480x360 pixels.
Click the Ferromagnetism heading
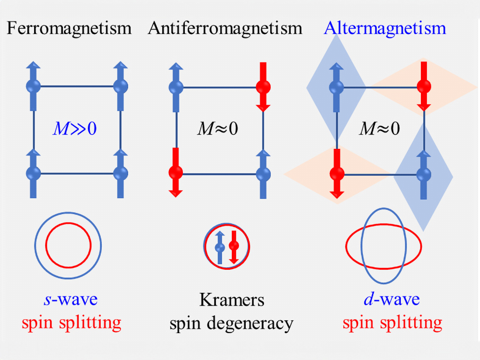point(69,28)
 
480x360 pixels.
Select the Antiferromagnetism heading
point(225,28)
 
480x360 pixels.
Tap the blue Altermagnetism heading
point(385,28)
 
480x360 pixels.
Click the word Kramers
point(231,300)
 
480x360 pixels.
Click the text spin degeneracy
point(231,324)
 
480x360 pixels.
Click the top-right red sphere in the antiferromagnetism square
point(263,87)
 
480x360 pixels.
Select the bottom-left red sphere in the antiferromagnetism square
point(176,172)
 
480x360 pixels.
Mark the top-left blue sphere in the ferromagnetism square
point(33,86)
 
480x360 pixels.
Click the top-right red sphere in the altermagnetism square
point(423,87)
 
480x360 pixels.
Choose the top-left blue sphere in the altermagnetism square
point(336,87)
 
